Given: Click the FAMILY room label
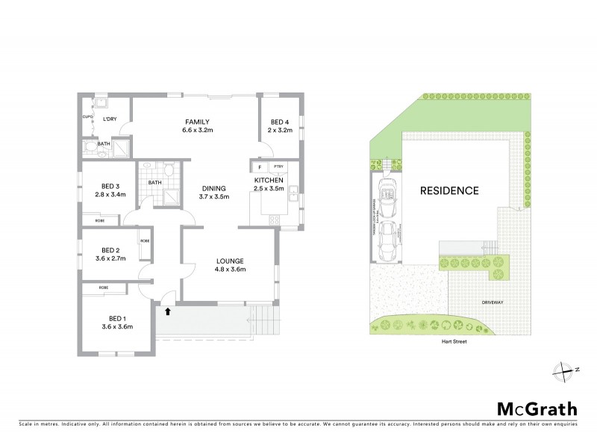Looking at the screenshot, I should tap(198, 122).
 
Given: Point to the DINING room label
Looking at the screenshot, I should tap(215, 188).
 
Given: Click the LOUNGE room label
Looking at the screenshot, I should tap(230, 261).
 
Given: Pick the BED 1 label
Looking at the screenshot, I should tap(116, 317).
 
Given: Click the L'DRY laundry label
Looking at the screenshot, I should tap(110, 119).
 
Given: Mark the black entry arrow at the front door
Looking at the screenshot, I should tap(167, 312).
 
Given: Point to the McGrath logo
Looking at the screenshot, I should tap(537, 408).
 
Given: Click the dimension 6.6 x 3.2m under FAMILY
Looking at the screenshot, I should tap(198, 130).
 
